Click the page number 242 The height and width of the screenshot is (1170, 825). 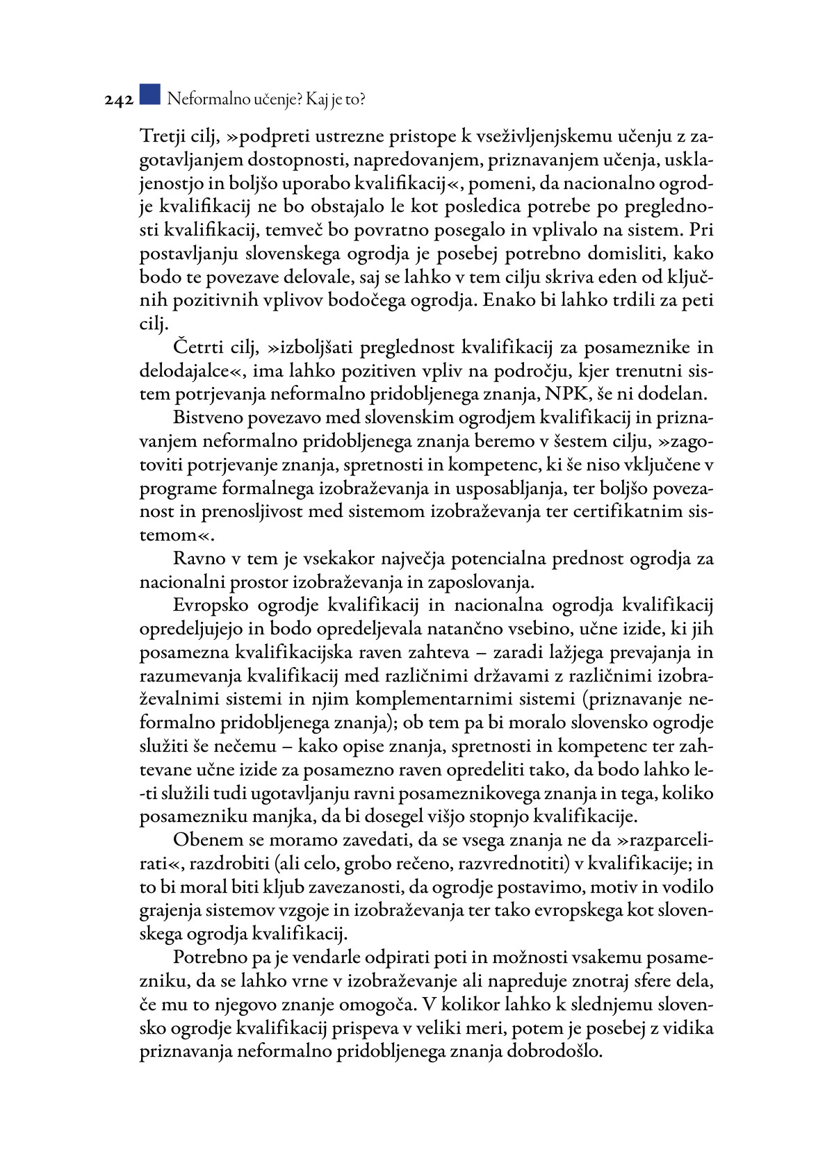click(119, 100)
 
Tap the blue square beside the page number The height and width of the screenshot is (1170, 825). click(149, 94)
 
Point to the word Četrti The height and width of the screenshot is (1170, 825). click(197, 347)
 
